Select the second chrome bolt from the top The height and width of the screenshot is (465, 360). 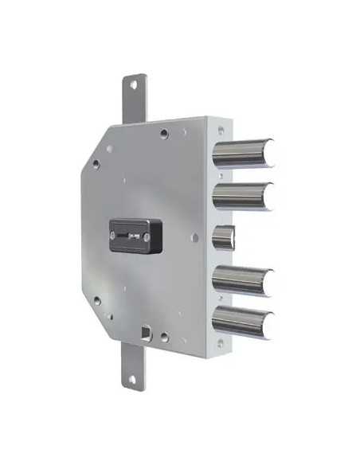[x=243, y=195]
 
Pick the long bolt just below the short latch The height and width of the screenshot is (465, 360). [x=243, y=280]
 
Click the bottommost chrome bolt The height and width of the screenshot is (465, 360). [x=243, y=322]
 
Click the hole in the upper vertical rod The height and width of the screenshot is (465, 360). [x=132, y=84]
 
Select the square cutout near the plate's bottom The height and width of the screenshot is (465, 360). [x=146, y=331]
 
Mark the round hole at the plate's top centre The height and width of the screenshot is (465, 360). [x=163, y=133]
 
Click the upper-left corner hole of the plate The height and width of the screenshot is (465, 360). [x=96, y=163]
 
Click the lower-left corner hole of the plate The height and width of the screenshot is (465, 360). [x=97, y=300]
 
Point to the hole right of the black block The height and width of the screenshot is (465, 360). [x=195, y=237]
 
